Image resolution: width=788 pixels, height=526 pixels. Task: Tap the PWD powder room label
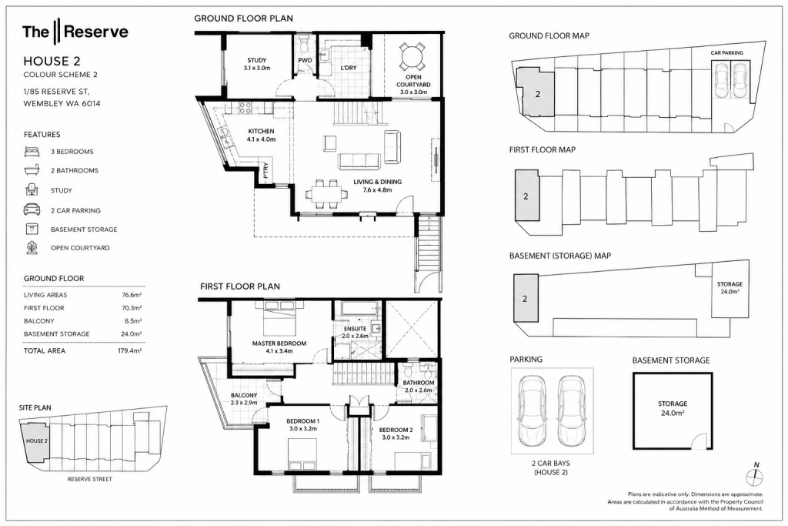click(x=305, y=60)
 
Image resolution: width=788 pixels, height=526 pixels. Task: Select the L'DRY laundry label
click(x=349, y=67)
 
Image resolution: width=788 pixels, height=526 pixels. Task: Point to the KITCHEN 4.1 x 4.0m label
click(x=262, y=136)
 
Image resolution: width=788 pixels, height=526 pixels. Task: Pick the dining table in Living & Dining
click(x=326, y=193)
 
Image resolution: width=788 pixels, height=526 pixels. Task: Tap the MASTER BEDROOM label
click(x=279, y=347)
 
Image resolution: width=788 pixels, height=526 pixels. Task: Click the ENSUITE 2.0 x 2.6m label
click(x=356, y=332)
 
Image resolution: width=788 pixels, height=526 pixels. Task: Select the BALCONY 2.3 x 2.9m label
click(x=244, y=399)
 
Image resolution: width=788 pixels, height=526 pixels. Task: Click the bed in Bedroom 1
click(x=302, y=454)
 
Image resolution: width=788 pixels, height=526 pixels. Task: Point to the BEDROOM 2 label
click(x=396, y=434)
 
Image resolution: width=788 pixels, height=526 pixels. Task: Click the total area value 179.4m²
click(x=129, y=351)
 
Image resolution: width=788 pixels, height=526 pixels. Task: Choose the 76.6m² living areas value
click(x=131, y=295)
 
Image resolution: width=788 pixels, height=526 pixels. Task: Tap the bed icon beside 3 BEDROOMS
click(x=32, y=152)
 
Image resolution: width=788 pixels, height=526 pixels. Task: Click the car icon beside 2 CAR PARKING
click(x=32, y=209)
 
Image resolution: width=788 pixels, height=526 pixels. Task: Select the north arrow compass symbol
click(x=755, y=472)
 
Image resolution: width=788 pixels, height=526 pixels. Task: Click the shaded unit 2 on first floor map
click(x=526, y=195)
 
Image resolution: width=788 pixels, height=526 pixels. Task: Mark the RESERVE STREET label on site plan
click(x=90, y=479)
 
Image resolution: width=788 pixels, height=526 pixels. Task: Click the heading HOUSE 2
click(x=52, y=62)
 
